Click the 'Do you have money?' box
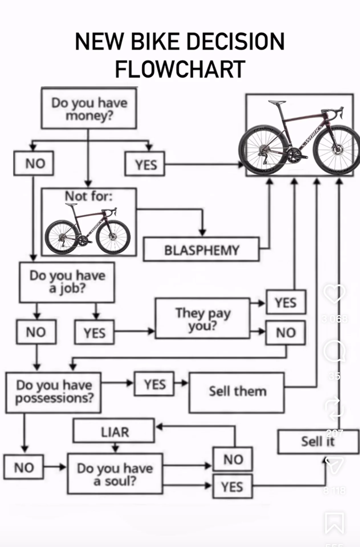(89, 109)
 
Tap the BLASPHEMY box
(201, 250)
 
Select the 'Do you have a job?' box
(67, 282)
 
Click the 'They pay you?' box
(203, 319)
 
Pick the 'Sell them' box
(237, 392)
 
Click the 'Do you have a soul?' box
(115, 474)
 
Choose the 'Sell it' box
(318, 442)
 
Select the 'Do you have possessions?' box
(54, 392)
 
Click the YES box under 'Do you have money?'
(145, 164)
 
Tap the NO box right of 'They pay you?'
(286, 332)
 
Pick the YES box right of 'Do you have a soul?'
(232, 487)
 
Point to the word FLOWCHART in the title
(180, 69)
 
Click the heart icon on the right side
(335, 294)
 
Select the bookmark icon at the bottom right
(334, 523)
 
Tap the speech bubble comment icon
(335, 351)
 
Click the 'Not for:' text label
(89, 196)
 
